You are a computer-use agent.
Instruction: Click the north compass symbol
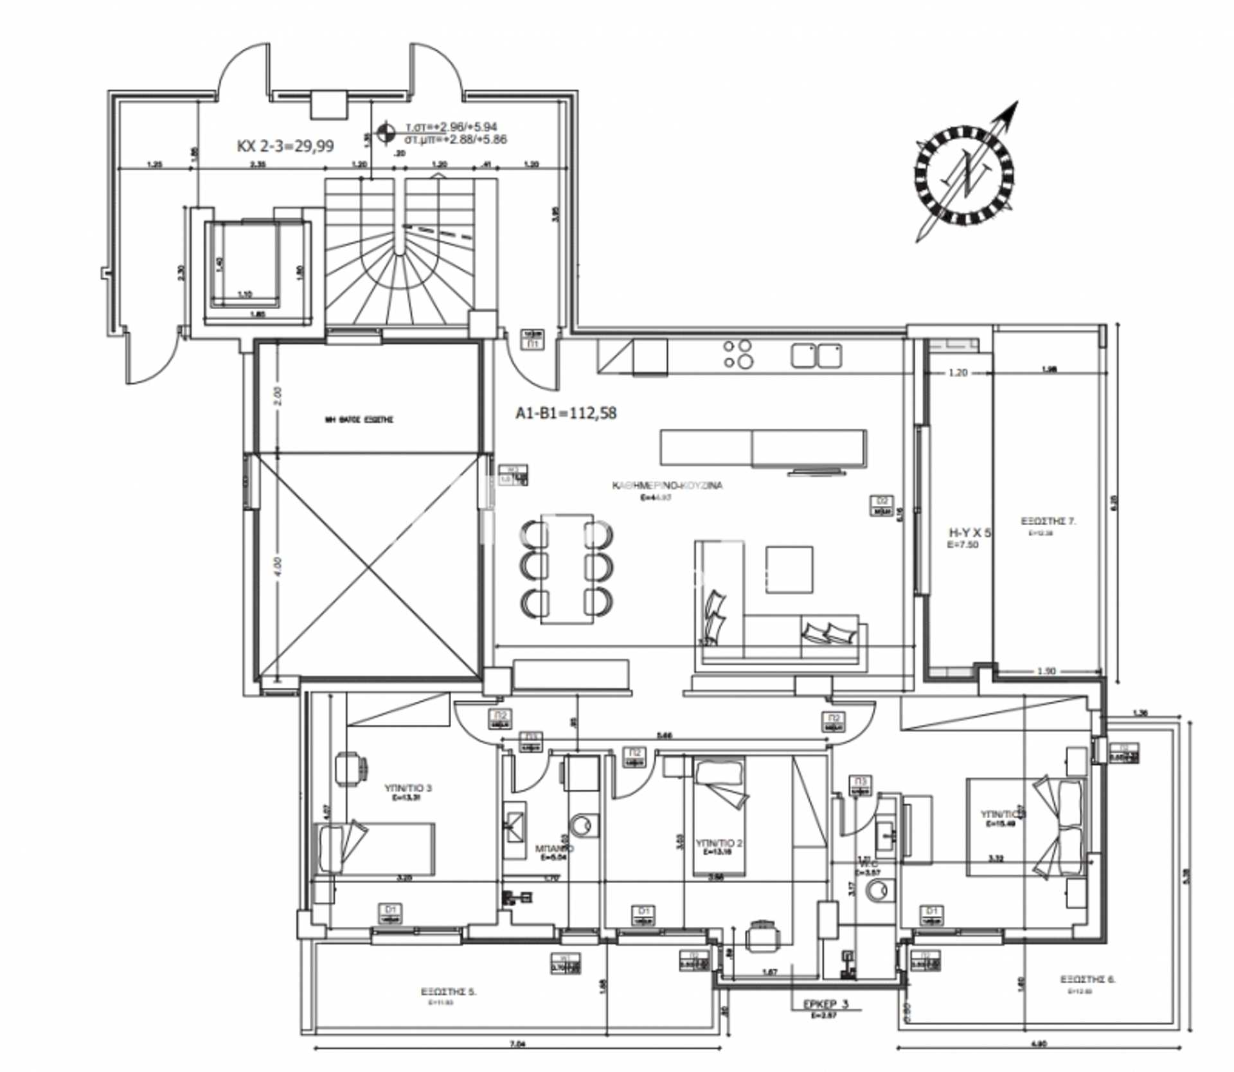point(964,175)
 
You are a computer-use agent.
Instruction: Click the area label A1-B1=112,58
point(566,413)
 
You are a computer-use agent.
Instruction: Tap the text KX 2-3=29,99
point(285,146)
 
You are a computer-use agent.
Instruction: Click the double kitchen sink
point(816,355)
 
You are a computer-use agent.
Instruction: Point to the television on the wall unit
point(816,472)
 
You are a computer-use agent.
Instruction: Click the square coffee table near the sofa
point(789,569)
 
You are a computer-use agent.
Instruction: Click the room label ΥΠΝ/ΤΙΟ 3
point(408,788)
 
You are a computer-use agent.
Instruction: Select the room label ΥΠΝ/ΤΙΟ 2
point(719,843)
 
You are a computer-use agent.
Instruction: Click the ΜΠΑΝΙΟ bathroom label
point(554,848)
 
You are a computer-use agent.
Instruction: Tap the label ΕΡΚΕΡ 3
point(826,1004)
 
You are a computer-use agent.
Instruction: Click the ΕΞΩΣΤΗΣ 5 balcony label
point(448,992)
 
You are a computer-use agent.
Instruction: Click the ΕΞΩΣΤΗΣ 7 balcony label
point(1048,521)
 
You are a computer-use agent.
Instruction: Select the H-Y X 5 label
point(970,533)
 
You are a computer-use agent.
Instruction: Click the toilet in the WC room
point(877,891)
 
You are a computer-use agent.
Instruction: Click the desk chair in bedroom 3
point(352,768)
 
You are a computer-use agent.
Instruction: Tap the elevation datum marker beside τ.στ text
point(386,133)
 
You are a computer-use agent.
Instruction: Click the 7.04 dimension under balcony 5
point(517,1044)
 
